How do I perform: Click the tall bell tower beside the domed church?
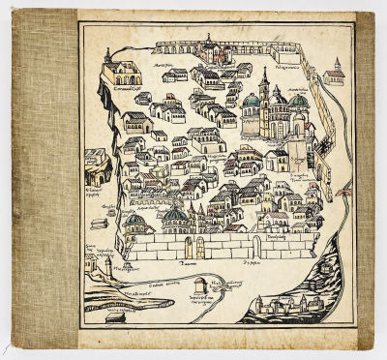coord(263,92)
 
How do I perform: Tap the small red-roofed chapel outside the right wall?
coord(336,72)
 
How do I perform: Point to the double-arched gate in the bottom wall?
coord(194,247)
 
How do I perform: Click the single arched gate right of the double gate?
coord(256,245)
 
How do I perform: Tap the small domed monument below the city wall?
coord(199,285)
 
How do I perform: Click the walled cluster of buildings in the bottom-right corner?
coord(283,308)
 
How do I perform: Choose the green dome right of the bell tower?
coord(298,100)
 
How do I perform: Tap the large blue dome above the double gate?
coord(175,215)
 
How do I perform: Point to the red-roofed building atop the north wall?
coord(206,43)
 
